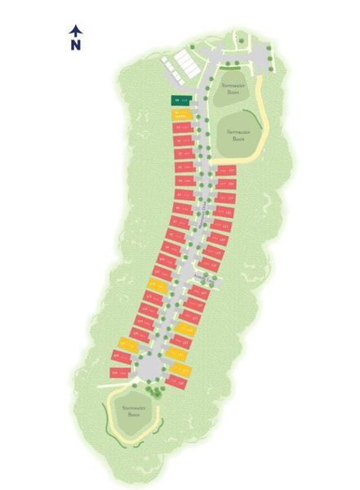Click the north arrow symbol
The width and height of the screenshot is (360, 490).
(76, 31)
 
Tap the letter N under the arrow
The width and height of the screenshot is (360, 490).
(76, 46)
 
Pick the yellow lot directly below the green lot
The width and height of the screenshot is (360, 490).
(181, 113)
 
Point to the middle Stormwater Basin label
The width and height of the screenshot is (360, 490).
(238, 136)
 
